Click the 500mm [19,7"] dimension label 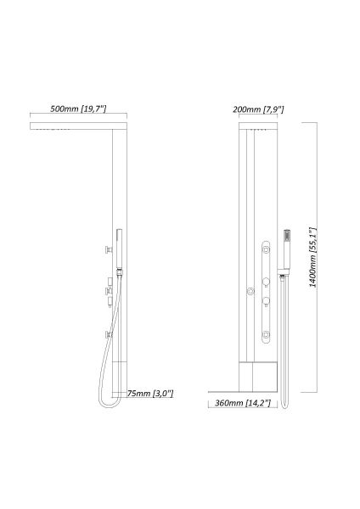point(78,109)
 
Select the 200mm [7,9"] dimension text point(258,109)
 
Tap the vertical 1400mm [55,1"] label point(312,257)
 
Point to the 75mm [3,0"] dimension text point(150,394)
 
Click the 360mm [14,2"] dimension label point(243,403)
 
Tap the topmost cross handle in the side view point(108,249)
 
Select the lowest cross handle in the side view point(109,335)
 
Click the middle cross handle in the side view point(109,291)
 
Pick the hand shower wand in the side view point(120,249)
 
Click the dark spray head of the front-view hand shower point(287,235)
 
